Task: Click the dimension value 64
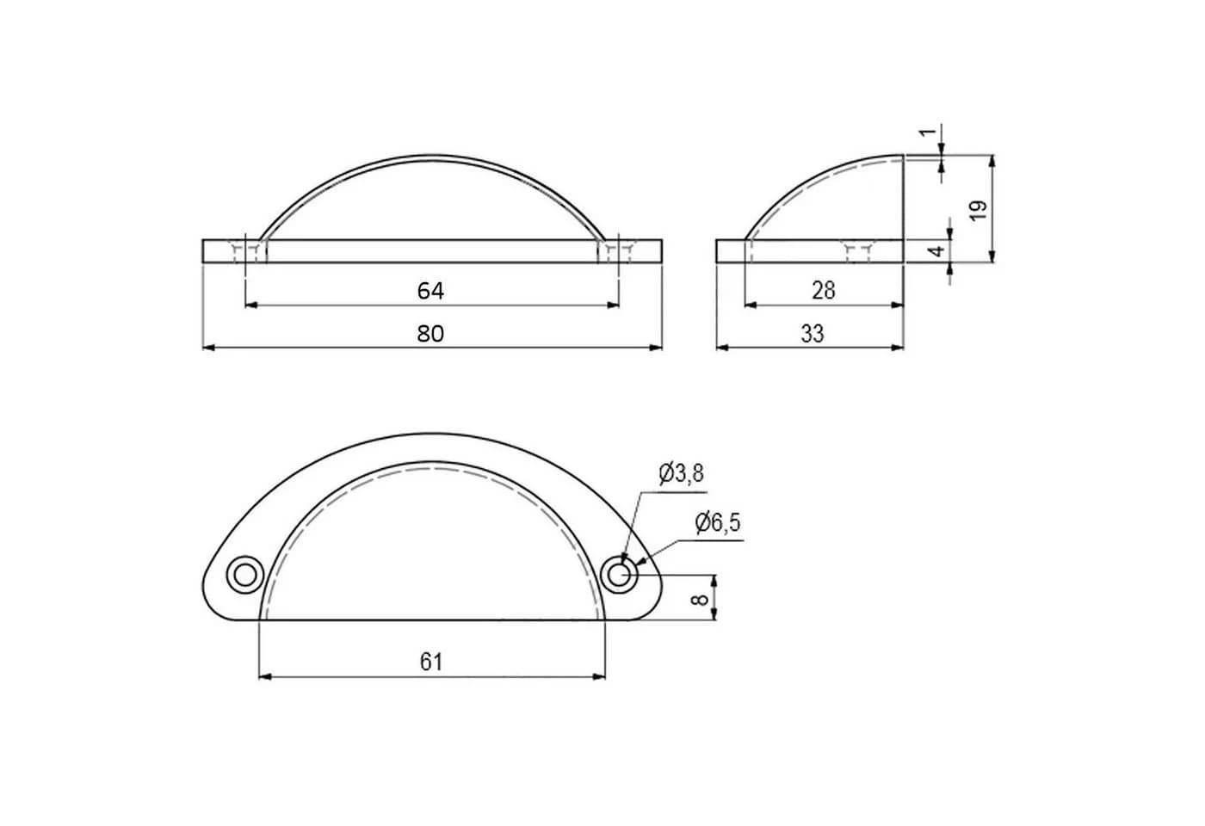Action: click(x=430, y=291)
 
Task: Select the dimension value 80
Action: click(x=430, y=334)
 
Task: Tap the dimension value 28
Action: click(x=823, y=291)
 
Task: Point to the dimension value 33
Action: click(x=813, y=334)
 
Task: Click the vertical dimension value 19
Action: click(x=979, y=210)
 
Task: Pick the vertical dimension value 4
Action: click(x=937, y=250)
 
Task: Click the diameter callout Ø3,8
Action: click(x=681, y=474)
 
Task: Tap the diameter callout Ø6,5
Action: click(x=718, y=523)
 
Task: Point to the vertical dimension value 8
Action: click(x=699, y=598)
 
